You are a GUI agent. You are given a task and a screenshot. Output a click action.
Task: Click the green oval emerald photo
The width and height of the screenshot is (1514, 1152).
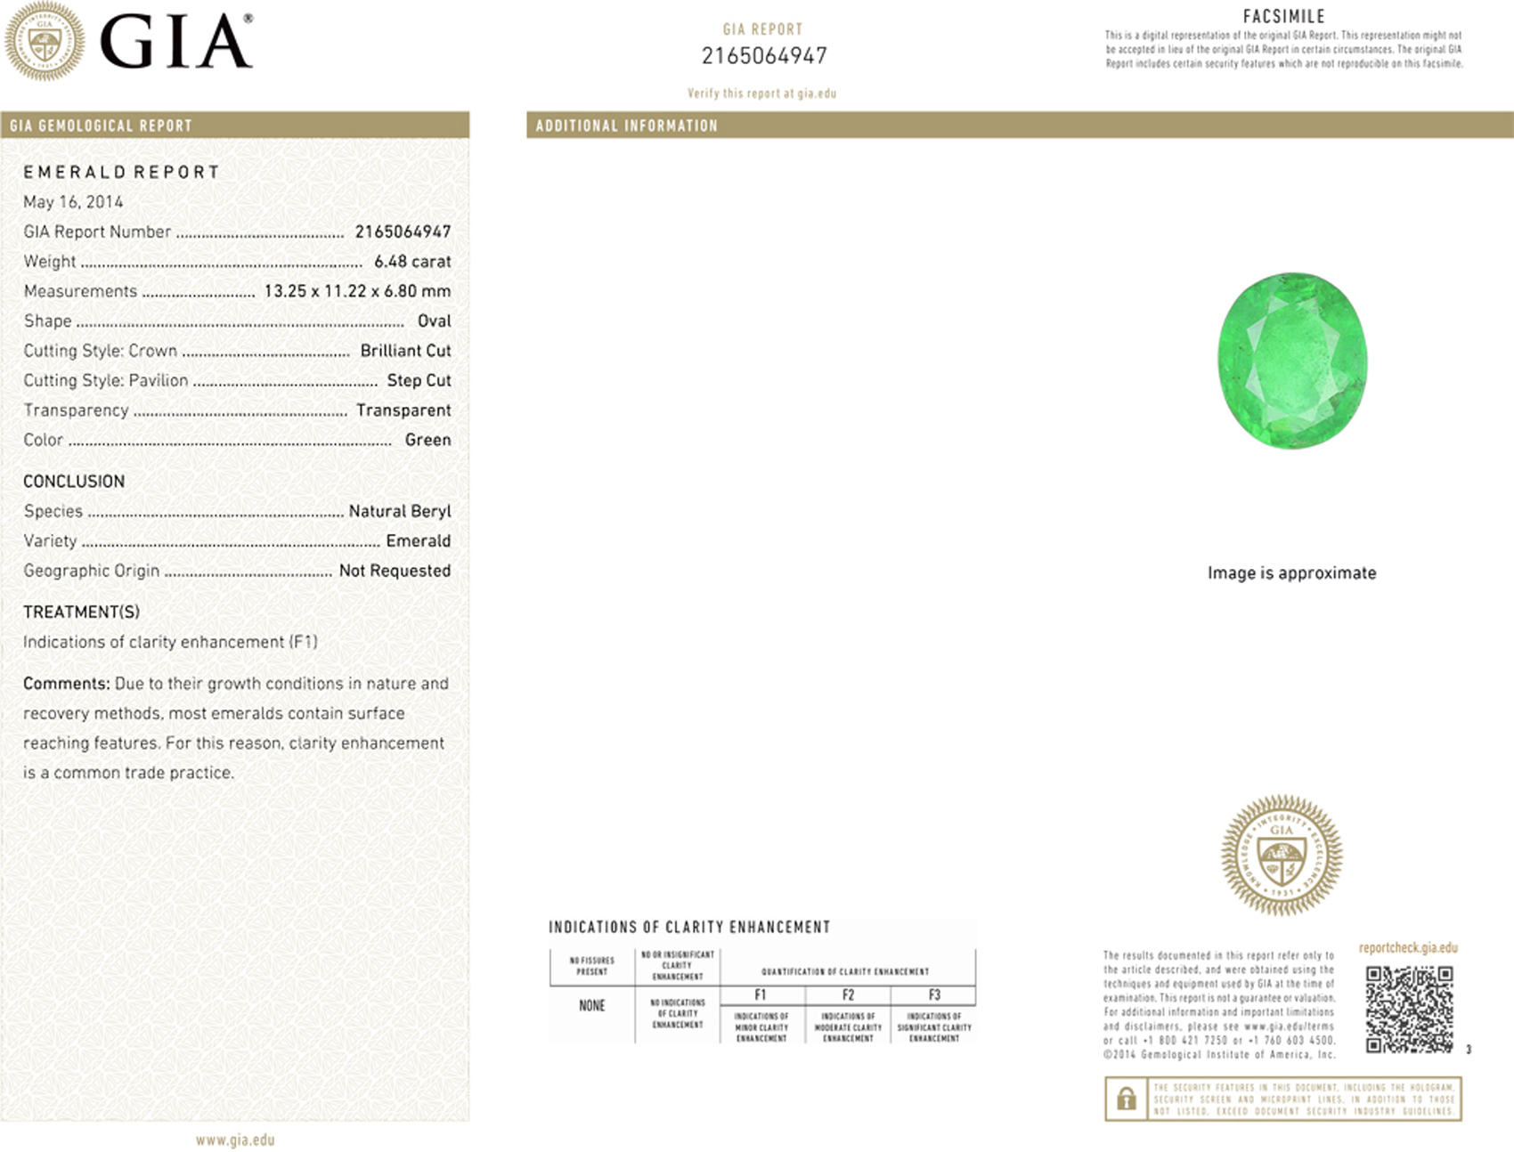point(1291,361)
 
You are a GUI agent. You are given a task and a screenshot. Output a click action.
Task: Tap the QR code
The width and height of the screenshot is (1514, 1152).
point(1409,1009)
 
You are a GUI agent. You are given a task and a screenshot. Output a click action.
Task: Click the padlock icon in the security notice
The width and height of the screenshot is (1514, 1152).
point(1126,1099)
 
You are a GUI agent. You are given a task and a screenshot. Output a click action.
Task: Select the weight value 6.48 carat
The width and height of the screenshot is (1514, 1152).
point(412,261)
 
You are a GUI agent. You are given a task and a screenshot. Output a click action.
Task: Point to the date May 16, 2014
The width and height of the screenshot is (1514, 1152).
point(73,202)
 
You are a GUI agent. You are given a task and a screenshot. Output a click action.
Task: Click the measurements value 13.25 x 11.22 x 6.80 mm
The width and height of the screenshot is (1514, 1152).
point(357,291)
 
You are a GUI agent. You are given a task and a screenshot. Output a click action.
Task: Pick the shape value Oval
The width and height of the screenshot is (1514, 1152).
point(434,320)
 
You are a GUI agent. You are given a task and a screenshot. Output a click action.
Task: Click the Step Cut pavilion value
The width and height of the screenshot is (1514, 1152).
point(419,380)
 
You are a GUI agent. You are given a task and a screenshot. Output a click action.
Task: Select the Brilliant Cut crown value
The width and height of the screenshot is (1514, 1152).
point(405,351)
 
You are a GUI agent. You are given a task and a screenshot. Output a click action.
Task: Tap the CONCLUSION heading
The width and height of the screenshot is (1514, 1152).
point(74,482)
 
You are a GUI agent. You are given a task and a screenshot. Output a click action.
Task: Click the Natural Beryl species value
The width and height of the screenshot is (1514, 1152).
point(399,511)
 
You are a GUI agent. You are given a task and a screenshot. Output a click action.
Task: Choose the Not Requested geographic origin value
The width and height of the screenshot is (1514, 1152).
point(395,571)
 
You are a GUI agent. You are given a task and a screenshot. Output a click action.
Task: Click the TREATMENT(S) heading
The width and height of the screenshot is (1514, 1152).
point(81,613)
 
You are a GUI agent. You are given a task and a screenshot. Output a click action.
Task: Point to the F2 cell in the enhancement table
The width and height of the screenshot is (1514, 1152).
point(848,995)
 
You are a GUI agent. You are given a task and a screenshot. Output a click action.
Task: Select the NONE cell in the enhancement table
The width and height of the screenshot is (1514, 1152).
point(591,1006)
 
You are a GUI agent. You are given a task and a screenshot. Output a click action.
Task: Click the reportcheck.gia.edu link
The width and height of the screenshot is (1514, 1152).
point(1408,948)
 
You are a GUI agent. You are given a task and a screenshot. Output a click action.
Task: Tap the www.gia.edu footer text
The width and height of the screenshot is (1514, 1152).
point(235,1140)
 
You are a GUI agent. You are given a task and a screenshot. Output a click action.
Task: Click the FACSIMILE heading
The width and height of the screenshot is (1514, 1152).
point(1283,16)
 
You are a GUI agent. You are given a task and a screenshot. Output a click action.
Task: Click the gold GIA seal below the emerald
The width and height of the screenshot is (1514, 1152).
point(1281,856)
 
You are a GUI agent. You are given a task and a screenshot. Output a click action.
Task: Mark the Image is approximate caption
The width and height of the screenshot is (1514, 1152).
point(1291,573)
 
